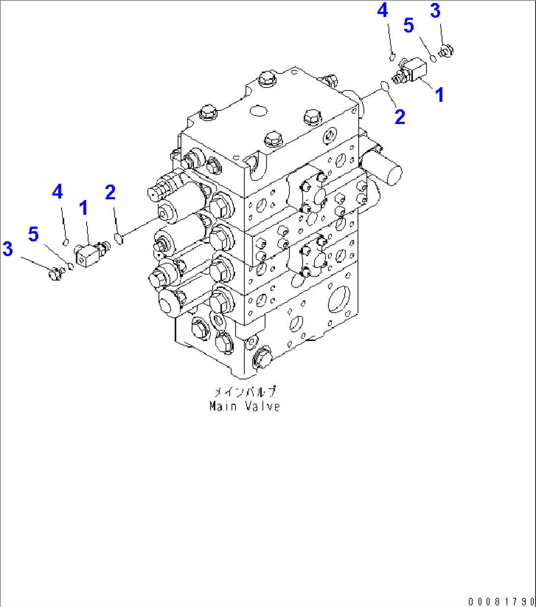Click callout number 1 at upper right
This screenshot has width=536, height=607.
pyautogui.click(x=439, y=95)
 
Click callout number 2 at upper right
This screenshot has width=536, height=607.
pyautogui.click(x=400, y=117)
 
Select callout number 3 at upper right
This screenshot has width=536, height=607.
pyautogui.click(x=435, y=11)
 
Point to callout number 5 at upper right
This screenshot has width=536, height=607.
pyautogui.click(x=409, y=26)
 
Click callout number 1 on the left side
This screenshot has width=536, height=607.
pyautogui.click(x=84, y=208)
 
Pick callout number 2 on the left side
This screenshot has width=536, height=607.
pyautogui.click(x=110, y=192)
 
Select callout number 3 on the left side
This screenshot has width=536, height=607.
pyautogui.click(x=7, y=249)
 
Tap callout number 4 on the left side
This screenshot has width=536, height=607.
pyautogui.click(x=58, y=192)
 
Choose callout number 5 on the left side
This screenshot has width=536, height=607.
pyautogui.click(x=33, y=234)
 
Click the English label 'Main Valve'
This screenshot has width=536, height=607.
pyautogui.click(x=244, y=407)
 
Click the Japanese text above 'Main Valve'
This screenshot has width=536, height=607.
pyautogui.click(x=244, y=392)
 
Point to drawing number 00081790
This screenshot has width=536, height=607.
pyautogui.click(x=501, y=601)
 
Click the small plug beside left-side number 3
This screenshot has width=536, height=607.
pyautogui.click(x=54, y=272)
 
